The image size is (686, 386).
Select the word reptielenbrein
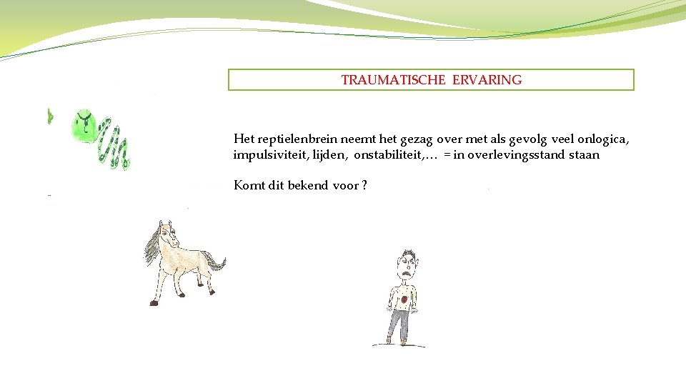(289, 139)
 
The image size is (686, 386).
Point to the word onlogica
(605, 139)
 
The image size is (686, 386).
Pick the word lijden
(326, 155)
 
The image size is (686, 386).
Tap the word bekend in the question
(309, 186)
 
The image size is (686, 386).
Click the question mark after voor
(364, 186)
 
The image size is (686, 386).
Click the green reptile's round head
(84, 126)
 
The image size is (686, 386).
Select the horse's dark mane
(153, 243)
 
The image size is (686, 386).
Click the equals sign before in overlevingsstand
(447, 155)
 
